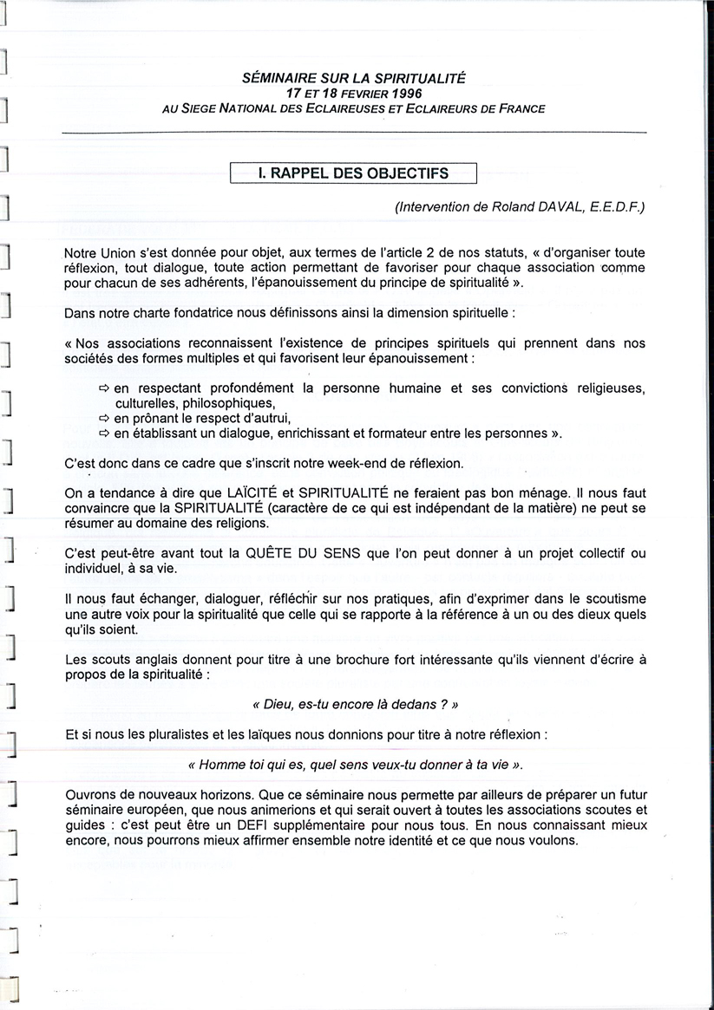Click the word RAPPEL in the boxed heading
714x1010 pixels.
click(x=302, y=173)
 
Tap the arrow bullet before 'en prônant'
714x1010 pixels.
click(x=105, y=419)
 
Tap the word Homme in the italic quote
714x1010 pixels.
click(x=219, y=766)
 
